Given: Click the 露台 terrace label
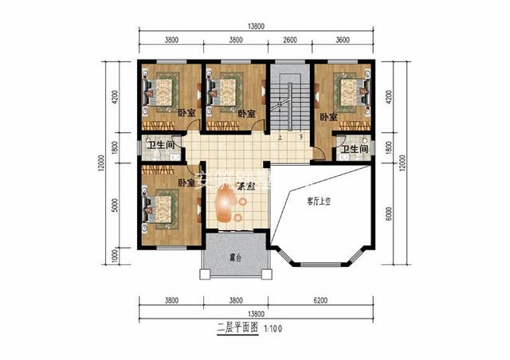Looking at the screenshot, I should click(234, 258).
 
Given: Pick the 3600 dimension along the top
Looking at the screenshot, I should click(343, 39).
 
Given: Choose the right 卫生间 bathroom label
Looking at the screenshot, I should click(354, 149).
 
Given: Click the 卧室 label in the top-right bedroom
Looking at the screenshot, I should click(329, 117).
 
